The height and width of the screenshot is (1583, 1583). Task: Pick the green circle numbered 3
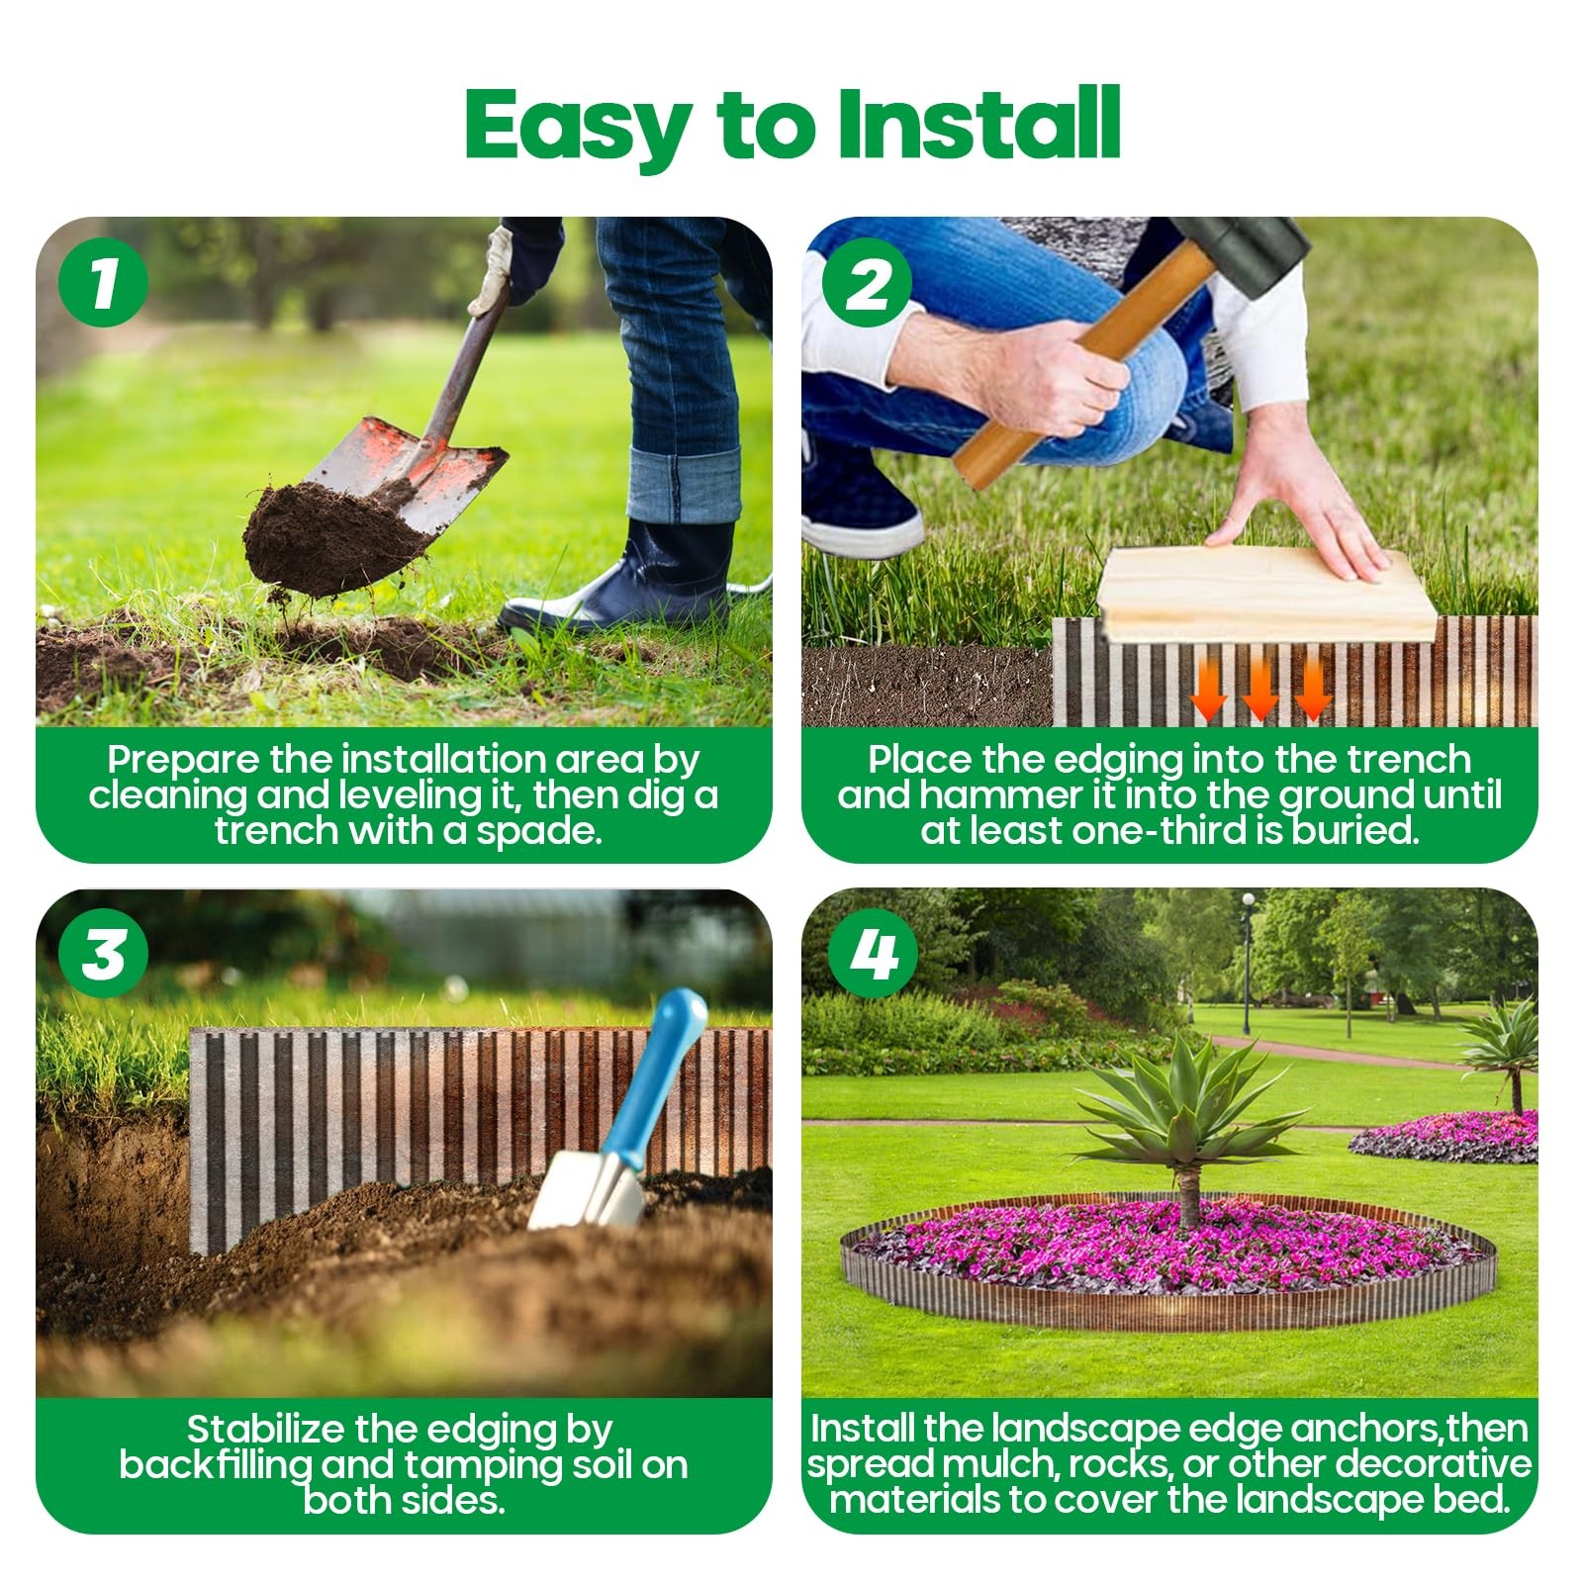coord(103,954)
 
